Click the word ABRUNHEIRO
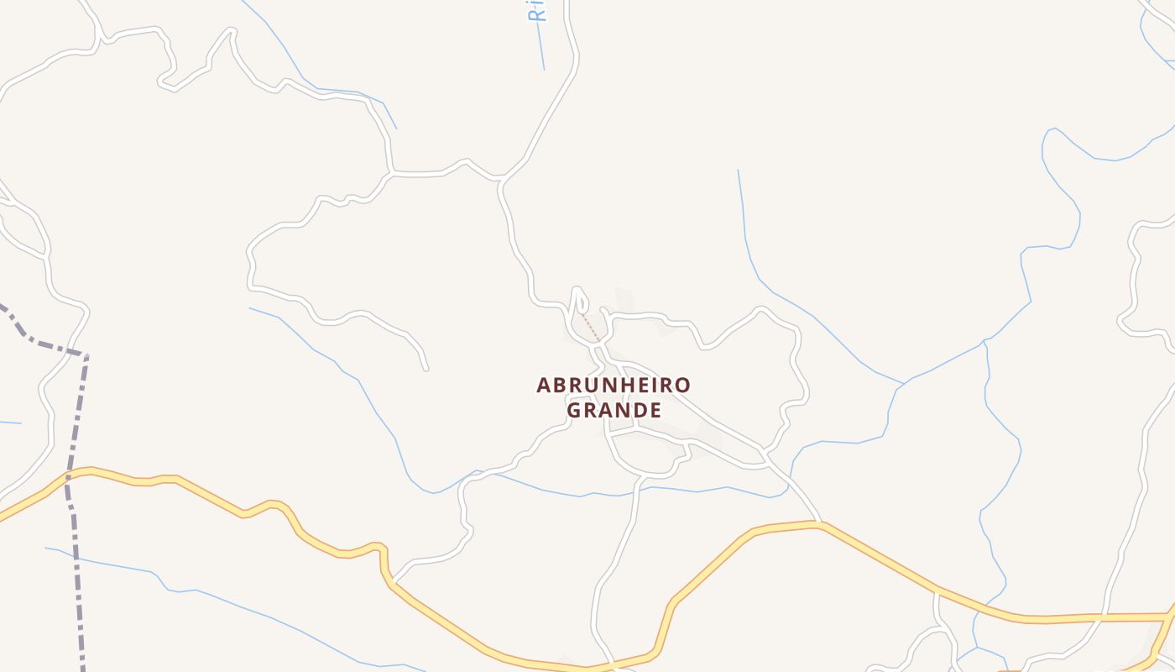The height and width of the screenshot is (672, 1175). [x=614, y=386]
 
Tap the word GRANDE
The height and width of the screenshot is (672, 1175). [x=614, y=411]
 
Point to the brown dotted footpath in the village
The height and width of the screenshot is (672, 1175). [x=592, y=328]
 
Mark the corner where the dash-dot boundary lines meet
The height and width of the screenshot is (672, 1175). [x=86, y=355]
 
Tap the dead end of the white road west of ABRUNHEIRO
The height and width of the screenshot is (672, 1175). [x=426, y=368]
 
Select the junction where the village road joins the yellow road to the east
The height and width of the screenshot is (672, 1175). [x=820, y=522]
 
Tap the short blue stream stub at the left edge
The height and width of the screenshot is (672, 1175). [x=8, y=422]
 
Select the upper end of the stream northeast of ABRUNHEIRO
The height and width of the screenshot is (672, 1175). [x=738, y=171]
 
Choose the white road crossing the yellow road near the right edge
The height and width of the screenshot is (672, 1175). [x=1101, y=617]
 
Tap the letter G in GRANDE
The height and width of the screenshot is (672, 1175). [x=575, y=411]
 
